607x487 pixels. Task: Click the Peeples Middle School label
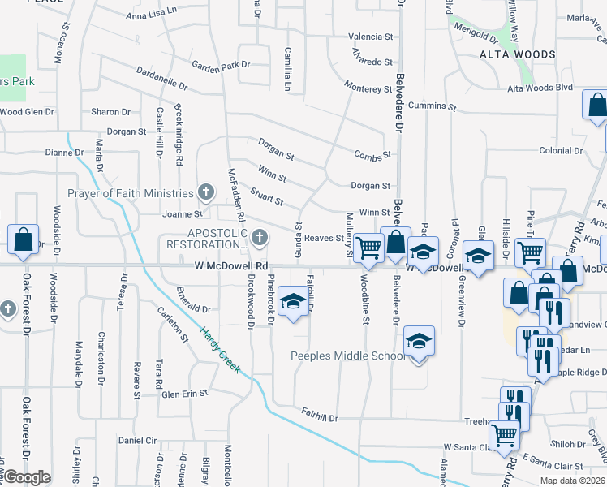tap(347, 356)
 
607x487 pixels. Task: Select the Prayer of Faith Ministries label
tap(131, 193)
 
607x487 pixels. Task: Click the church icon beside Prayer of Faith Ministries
tap(206, 193)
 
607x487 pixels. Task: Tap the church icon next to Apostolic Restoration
tap(259, 237)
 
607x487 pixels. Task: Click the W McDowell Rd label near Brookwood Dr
tap(230, 265)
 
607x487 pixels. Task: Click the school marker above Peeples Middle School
tap(419, 340)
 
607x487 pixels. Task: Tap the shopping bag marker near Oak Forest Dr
tap(23, 239)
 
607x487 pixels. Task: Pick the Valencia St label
tap(370, 37)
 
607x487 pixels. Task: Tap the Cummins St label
tap(428, 106)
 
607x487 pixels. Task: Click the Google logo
tap(28, 477)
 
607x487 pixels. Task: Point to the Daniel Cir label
tap(137, 440)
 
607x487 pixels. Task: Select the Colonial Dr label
tap(561, 150)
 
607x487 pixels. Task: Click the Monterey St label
tap(368, 88)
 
